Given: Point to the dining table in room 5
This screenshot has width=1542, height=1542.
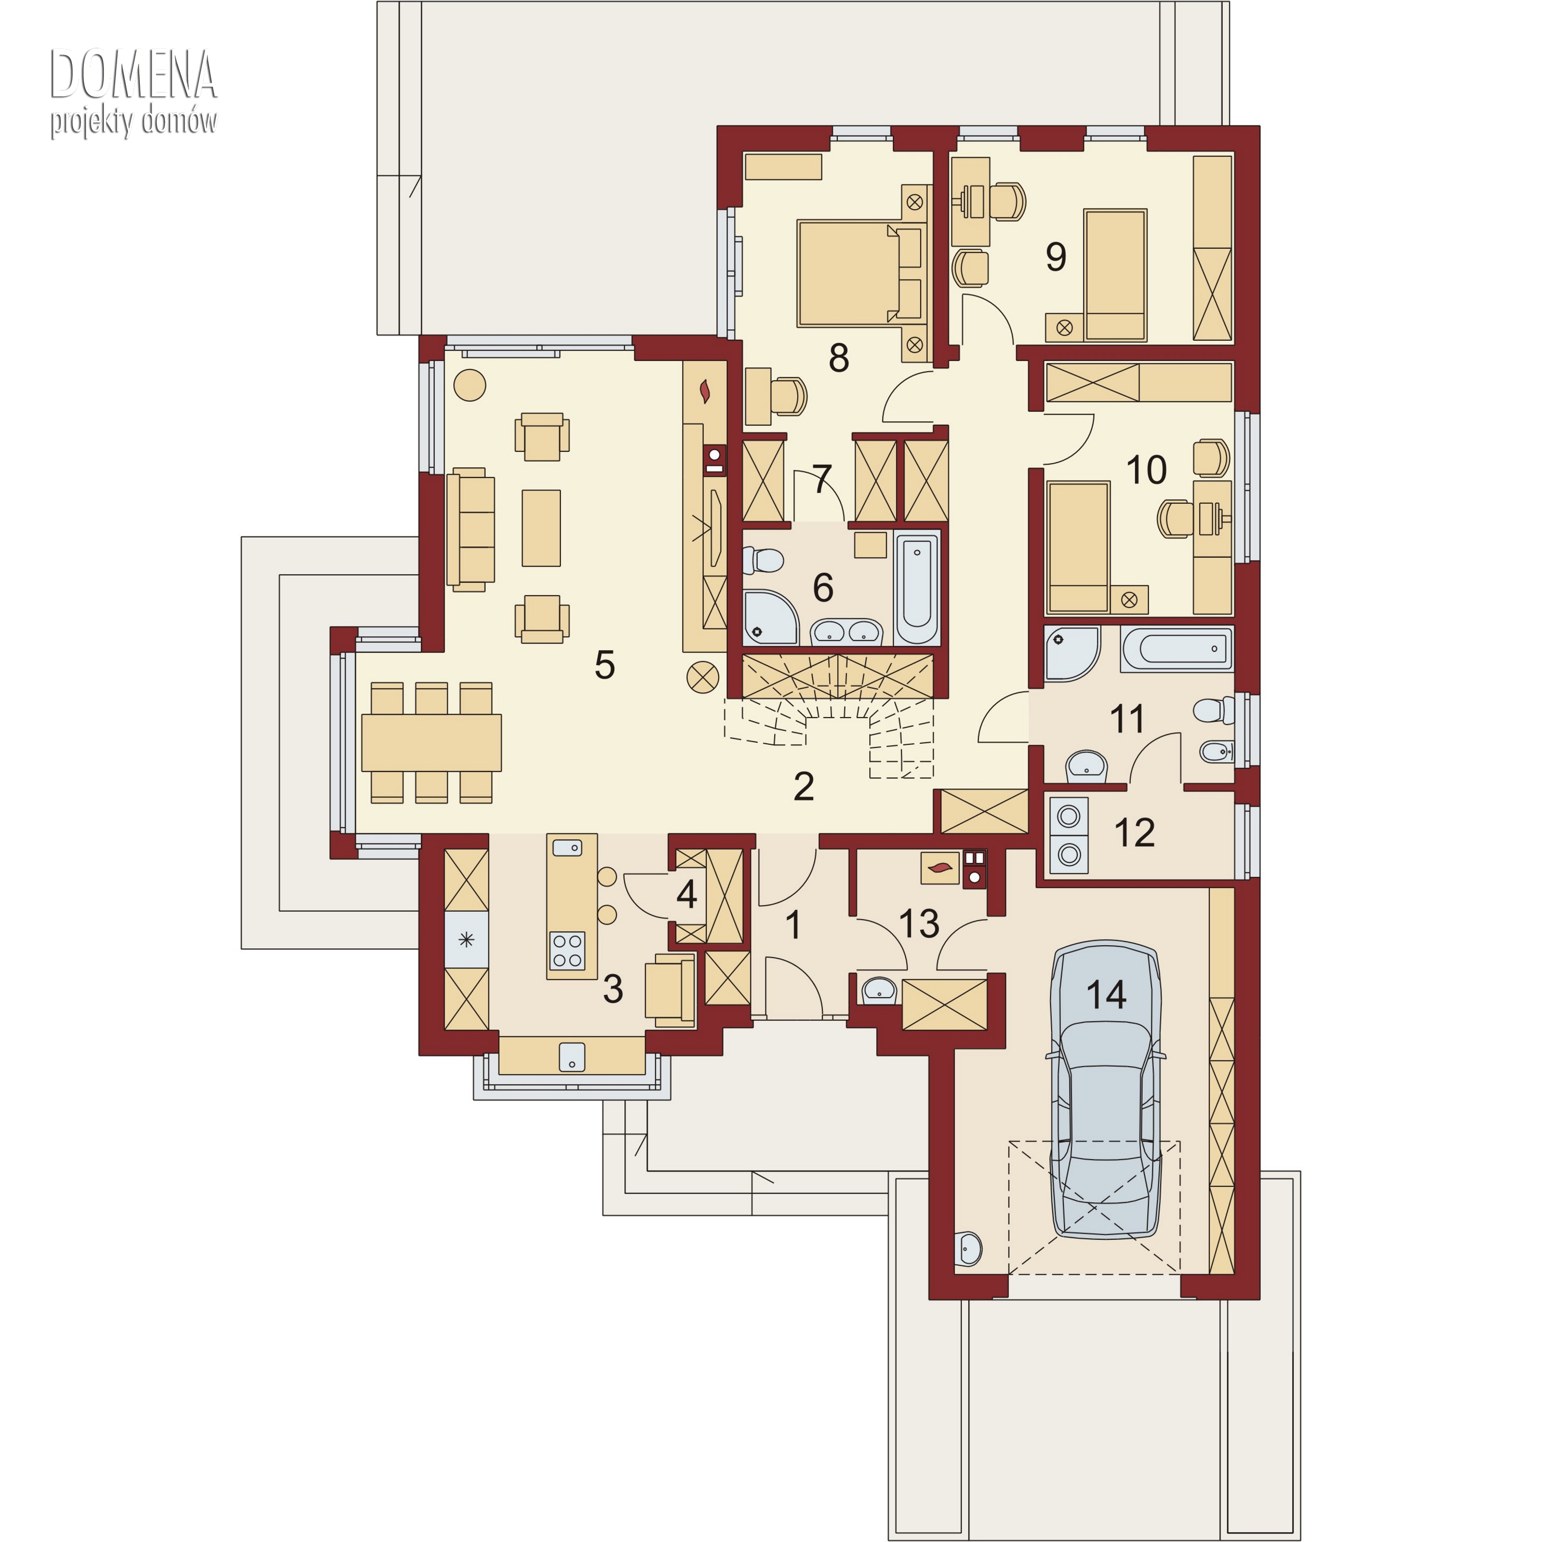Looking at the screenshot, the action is [431, 742].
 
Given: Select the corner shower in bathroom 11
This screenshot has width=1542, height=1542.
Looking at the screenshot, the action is [1072, 653].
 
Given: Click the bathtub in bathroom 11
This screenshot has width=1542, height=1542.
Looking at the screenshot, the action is [1177, 648].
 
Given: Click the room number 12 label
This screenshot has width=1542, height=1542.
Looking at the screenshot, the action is [1134, 833].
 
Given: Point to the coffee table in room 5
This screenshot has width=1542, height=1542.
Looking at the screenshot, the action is [541, 528].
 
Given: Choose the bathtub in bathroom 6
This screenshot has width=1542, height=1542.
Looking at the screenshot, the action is [916, 588].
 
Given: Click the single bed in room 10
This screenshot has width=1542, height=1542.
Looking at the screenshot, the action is [1077, 547].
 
